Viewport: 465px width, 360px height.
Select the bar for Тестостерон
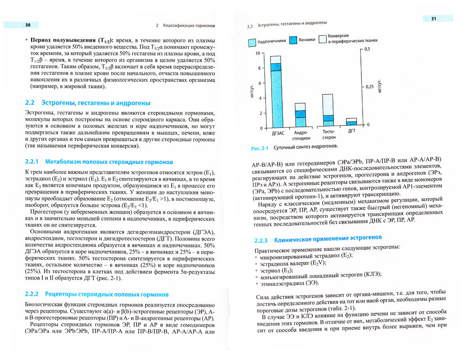click(x=328, y=111)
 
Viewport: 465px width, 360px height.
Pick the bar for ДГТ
click(x=352, y=122)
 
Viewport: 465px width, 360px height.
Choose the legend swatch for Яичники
click(x=292, y=40)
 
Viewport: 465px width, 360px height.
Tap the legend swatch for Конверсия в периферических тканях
click(x=322, y=39)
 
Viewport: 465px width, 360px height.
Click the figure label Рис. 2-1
click(x=260, y=148)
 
